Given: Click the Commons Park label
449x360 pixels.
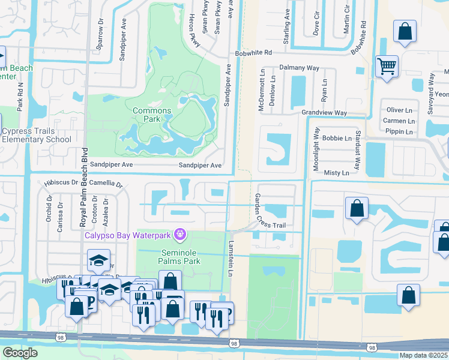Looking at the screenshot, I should (x=152, y=115).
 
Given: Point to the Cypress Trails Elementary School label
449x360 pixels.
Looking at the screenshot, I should (x=36, y=136).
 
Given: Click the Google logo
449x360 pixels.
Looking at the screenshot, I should (x=20, y=353).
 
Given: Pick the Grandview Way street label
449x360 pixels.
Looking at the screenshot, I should (x=324, y=113).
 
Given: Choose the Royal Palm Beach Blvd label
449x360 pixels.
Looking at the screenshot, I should (x=84, y=187).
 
